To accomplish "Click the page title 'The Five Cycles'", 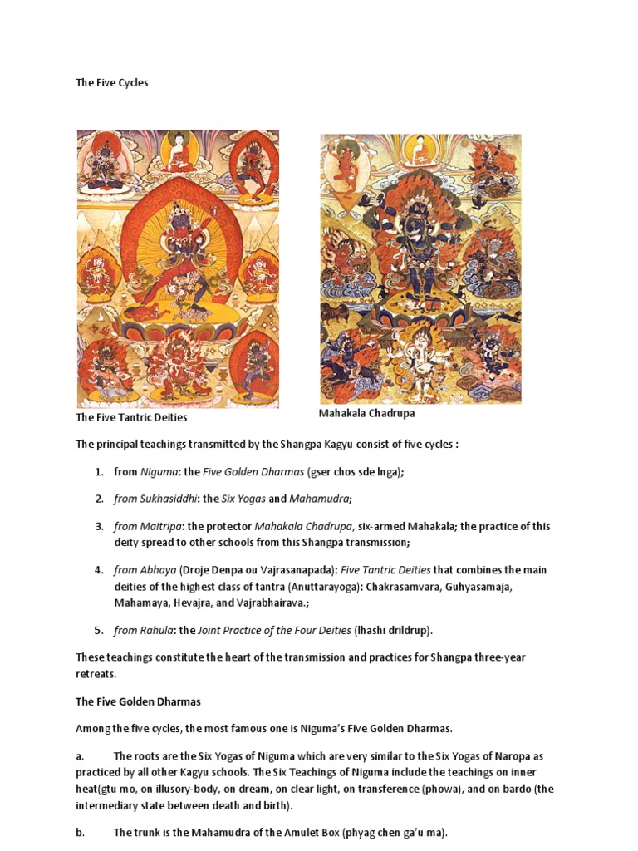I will click(112, 83).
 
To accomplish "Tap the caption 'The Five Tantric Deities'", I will click(131, 417).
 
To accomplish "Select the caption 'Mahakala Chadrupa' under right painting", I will click(366, 413).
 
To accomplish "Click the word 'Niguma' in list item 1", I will click(159, 471).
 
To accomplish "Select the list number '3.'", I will click(99, 526).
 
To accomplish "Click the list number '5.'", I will click(99, 630).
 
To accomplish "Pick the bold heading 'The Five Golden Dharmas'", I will click(138, 701).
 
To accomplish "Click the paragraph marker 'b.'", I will click(81, 832).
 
